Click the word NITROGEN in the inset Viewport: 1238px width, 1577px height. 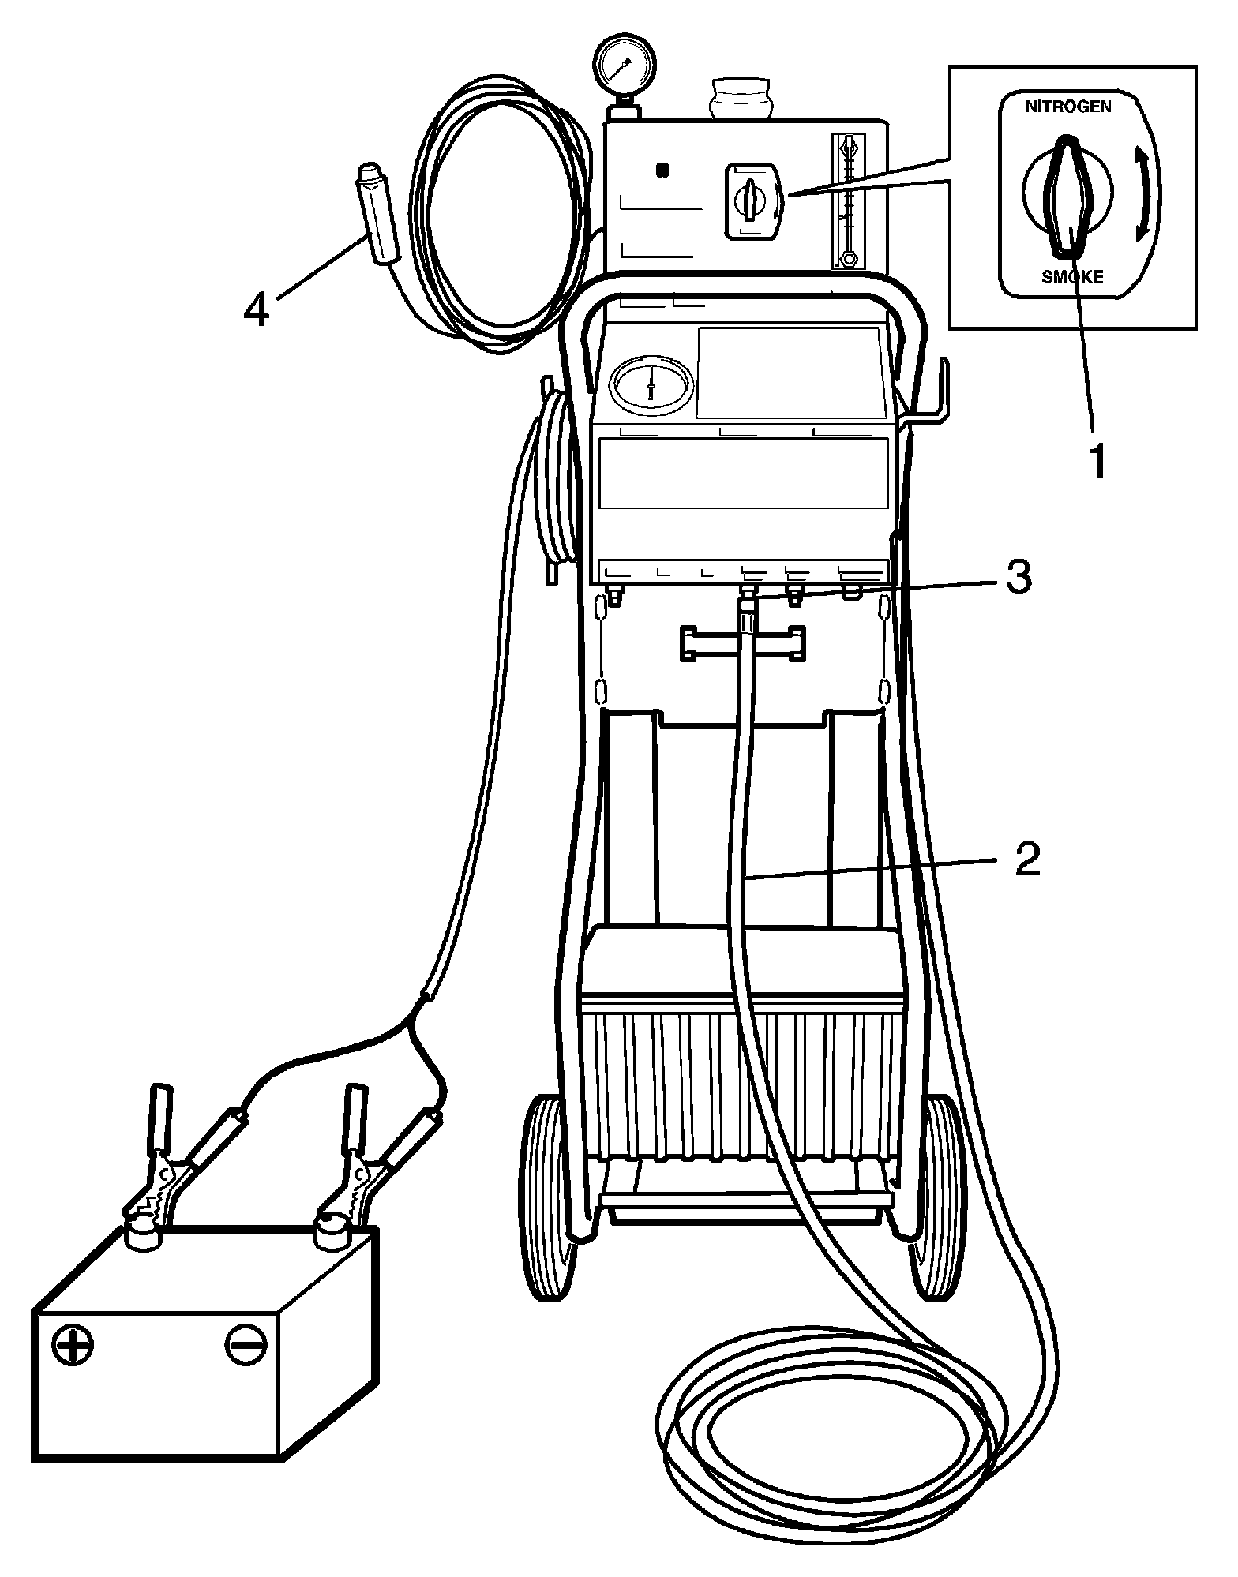click(x=1067, y=107)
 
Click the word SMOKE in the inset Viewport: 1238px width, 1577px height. click(x=1071, y=276)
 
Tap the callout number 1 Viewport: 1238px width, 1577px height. click(x=1097, y=462)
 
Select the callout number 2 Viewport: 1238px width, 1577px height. click(x=1026, y=860)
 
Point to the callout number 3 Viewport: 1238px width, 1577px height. click(x=1018, y=579)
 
